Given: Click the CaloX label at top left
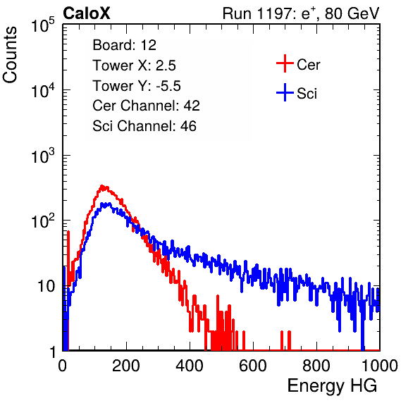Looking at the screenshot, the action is coord(86,13).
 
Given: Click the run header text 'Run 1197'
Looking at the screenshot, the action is coord(258,13).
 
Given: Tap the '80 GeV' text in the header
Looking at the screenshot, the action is coord(352,13).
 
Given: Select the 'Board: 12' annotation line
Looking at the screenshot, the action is coord(124,45).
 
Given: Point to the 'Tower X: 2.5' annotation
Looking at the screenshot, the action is coord(134,66).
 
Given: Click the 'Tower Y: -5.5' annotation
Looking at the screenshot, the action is coord(137,86).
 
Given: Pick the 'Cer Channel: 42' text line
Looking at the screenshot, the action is coord(146,106).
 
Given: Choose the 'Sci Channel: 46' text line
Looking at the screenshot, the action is coord(144,126).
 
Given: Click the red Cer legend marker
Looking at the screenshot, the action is coord(285,63).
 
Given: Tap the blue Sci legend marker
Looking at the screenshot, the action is coord(285,92).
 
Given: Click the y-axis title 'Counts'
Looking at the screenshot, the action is coord(10,54).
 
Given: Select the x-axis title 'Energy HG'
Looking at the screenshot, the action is coord(332,386).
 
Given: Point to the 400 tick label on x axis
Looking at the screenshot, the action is coord(190,366).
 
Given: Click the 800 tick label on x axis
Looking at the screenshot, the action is coord(316,366).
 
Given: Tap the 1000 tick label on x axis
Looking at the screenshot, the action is coord(380,366).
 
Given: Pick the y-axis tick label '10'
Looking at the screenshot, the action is coord(47,286).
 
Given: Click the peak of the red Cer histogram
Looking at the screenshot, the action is coord(101,186).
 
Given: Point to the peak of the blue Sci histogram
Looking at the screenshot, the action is coord(103,204).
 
